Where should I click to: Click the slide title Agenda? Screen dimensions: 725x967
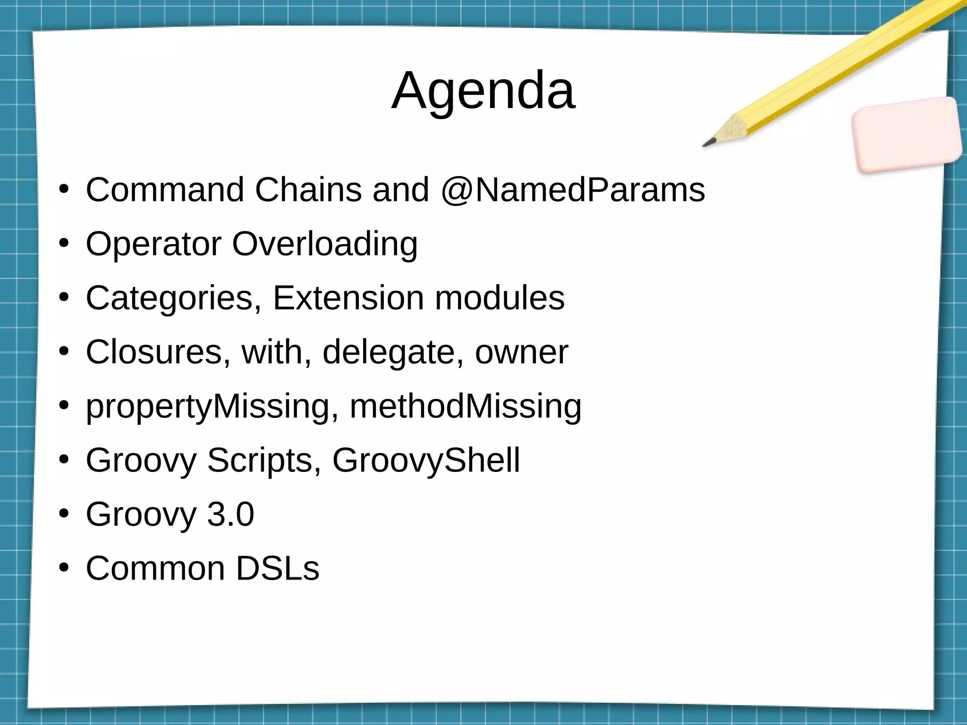(483, 91)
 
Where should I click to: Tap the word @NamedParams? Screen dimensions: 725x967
(573, 190)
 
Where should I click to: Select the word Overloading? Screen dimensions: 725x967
(325, 244)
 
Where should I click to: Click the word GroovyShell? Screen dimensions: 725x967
(426, 460)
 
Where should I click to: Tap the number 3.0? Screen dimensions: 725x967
(230, 514)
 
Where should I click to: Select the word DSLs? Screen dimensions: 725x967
(278, 568)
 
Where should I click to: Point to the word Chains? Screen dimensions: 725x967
(308, 190)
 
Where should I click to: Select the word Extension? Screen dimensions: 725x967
(348, 298)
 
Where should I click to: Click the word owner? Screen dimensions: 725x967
(521, 352)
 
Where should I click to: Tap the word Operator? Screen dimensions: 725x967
(153, 244)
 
